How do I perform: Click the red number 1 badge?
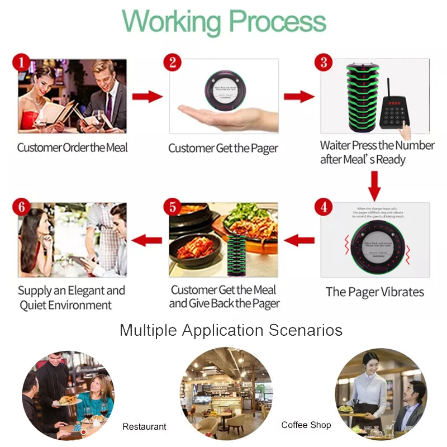pos(21,62)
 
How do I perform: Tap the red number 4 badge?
pos(323,207)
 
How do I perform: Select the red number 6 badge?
pos(21,207)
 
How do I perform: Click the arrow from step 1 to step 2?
pos(147,97)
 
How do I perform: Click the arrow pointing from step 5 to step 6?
pos(146,241)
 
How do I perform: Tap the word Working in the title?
pos(172,22)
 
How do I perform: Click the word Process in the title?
pos(277,22)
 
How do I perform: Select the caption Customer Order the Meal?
pos(73,148)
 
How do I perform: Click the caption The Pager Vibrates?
pos(375,292)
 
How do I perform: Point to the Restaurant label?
pos(144,426)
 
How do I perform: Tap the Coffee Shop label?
pos(306,425)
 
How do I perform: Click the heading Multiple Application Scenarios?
pos(231,330)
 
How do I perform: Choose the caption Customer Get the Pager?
pos(223,149)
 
